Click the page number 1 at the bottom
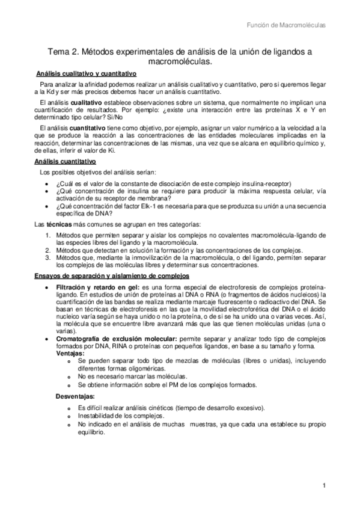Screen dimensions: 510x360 coord(324,486)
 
